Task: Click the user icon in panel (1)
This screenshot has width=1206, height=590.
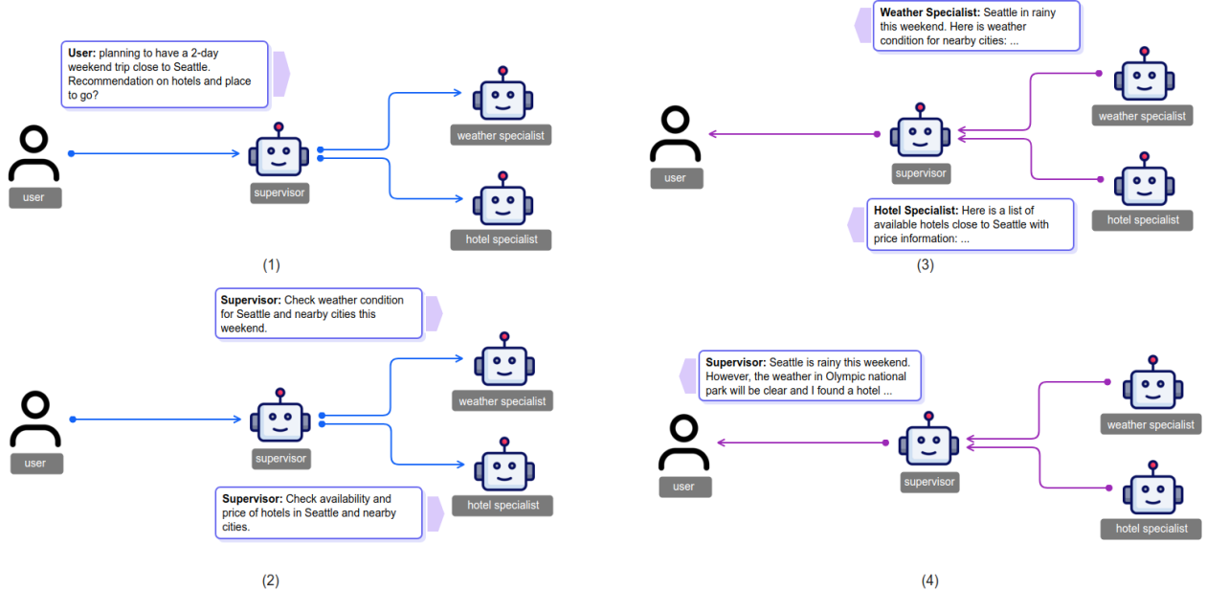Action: point(34,154)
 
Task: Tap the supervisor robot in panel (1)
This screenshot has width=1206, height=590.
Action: point(279,153)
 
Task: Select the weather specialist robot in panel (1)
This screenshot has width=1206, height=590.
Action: point(502,96)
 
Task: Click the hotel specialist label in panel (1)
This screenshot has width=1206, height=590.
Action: point(501,239)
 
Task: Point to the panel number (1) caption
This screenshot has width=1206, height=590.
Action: point(271,264)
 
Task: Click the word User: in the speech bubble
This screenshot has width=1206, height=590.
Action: point(82,54)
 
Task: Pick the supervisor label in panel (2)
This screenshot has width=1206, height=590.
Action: point(280,459)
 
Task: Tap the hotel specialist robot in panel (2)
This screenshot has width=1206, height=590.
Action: point(504,465)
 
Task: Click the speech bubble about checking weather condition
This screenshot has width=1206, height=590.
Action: point(319,314)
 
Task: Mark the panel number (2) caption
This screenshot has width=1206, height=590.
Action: point(271,579)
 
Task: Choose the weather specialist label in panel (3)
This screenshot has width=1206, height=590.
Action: point(1142,116)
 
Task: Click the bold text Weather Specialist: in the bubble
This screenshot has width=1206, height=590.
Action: point(928,12)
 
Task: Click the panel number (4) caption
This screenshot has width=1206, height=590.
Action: point(930,579)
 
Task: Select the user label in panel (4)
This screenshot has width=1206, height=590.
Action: point(683,487)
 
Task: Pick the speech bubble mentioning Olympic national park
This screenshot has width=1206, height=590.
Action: point(810,376)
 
